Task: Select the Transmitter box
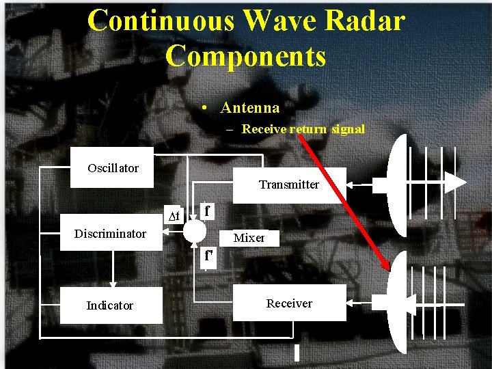(x=289, y=184)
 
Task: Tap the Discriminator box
(x=110, y=234)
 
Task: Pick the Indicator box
(x=110, y=305)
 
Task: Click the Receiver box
(x=289, y=303)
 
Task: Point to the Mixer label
(x=249, y=238)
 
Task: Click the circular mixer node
(x=194, y=231)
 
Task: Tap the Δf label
(x=174, y=217)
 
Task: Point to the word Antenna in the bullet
(x=250, y=108)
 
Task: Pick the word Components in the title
(x=246, y=56)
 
